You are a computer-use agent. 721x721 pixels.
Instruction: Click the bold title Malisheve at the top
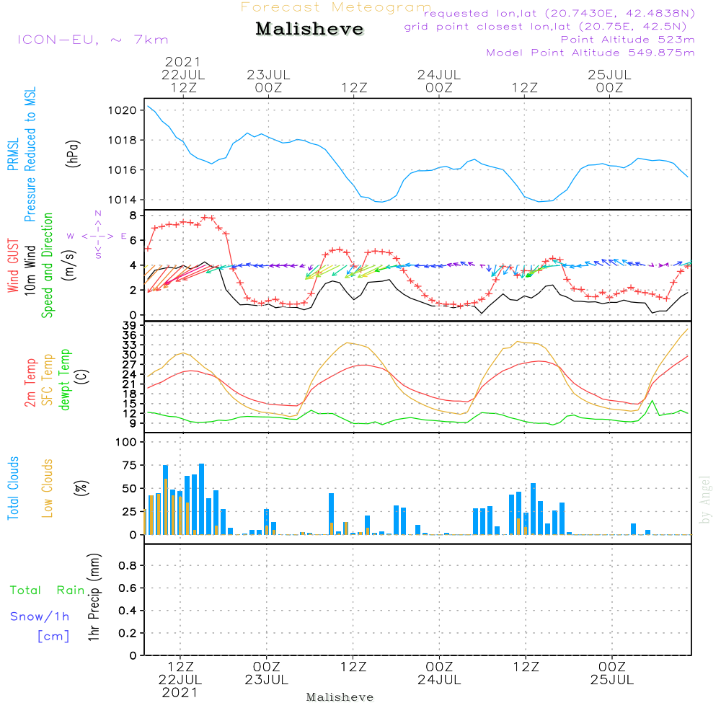310,30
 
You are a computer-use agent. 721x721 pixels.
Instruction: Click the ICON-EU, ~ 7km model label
92,40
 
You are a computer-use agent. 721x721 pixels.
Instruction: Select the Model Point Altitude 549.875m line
590,53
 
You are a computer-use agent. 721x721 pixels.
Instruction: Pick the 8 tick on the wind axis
132,216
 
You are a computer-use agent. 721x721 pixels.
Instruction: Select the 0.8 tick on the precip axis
127,566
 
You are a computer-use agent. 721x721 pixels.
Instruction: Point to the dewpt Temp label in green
65,380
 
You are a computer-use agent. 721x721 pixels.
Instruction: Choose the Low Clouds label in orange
48,487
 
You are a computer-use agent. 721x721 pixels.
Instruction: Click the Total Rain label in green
47,590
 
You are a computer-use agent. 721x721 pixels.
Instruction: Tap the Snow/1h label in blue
40,617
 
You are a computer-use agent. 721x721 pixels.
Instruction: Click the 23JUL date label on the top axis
268,75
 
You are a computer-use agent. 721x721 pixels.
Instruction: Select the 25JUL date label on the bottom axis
612,680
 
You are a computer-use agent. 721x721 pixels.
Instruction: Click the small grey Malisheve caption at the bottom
340,697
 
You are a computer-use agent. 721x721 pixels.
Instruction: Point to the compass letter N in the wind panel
98,214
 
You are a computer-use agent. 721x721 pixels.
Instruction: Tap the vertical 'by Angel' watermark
705,499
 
